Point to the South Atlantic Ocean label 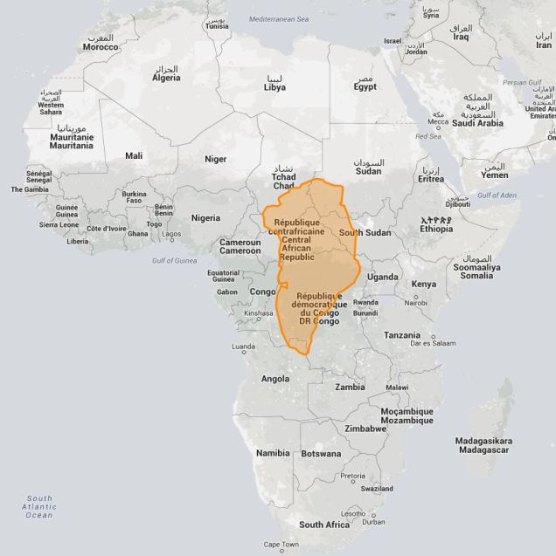tap(38, 506)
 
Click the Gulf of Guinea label tap(177, 260)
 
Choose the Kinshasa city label tap(259, 312)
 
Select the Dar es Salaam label tap(434, 343)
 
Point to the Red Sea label tap(428, 136)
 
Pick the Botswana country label tap(322, 454)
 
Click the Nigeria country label tap(205, 217)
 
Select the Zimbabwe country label tap(365, 429)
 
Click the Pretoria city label tap(352, 476)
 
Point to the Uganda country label tap(382, 277)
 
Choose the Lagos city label tap(171, 234)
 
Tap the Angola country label tap(275, 379)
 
